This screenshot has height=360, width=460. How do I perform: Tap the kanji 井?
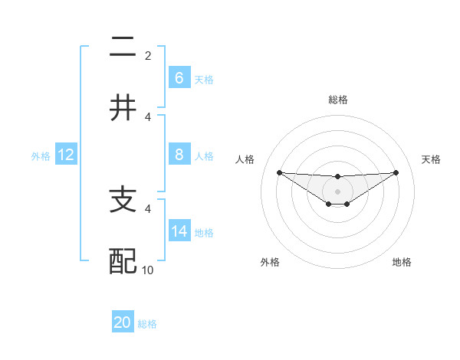tap(123, 107)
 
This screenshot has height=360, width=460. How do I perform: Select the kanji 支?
tap(123, 201)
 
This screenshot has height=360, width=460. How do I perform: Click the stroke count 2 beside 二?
tap(148, 56)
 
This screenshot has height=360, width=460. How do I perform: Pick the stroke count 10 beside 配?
tap(148, 270)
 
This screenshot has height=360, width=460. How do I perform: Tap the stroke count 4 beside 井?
tap(148, 116)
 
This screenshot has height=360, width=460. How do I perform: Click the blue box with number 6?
tap(179, 78)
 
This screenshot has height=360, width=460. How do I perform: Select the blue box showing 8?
tap(179, 155)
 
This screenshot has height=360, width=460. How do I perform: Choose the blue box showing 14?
tap(179, 231)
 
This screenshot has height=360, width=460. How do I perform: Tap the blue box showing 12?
tap(66, 155)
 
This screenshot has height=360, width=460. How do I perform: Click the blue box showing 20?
tap(123, 322)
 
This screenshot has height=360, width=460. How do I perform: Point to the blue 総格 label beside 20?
tap(147, 324)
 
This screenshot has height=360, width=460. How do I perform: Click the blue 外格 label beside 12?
tap(41, 156)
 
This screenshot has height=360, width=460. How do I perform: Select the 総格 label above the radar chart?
tap(337, 100)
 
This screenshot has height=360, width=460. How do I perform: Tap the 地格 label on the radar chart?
tap(402, 262)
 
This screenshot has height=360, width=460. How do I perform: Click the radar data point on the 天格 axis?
tap(396, 172)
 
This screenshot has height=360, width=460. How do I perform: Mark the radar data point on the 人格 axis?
tap(279, 172)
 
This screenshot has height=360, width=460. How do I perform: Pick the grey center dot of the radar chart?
tap(337, 191)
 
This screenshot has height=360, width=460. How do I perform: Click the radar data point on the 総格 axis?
tap(337, 177)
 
